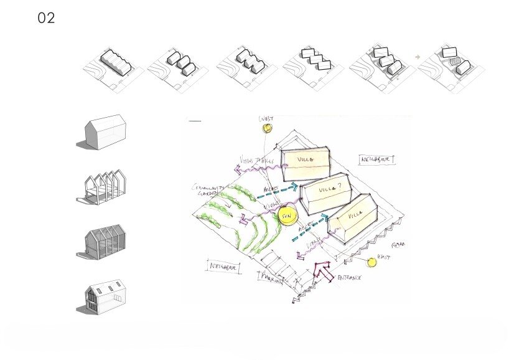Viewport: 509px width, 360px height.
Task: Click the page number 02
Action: [x=47, y=18]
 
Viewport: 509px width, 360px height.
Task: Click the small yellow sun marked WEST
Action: [x=268, y=128]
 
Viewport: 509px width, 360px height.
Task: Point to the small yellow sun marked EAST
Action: [x=371, y=262]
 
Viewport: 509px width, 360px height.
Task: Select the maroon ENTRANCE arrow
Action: [x=324, y=272]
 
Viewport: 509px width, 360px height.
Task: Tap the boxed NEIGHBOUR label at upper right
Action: [x=378, y=159]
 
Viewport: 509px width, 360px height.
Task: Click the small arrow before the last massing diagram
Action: [x=418, y=57]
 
